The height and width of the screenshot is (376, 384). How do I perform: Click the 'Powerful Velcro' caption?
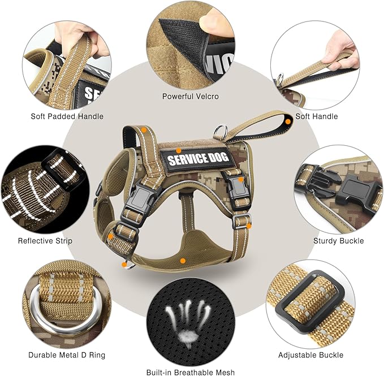190,96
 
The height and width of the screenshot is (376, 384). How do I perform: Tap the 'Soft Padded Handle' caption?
67,116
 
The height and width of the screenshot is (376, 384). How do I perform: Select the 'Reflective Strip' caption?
45,241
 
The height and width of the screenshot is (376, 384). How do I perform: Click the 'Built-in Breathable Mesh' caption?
190,372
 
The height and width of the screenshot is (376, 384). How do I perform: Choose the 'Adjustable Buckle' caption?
310,355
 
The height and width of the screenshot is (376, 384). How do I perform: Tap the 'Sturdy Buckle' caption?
339,241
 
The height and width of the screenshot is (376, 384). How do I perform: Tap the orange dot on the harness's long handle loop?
288,120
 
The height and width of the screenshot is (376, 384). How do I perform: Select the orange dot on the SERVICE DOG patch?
178,150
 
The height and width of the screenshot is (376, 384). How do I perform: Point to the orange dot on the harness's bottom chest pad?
183,260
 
